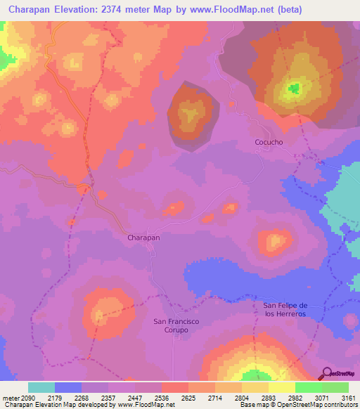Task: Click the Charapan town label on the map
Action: (143, 238)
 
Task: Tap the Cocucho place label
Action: (269, 142)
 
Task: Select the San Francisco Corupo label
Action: (176, 325)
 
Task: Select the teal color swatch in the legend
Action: (41, 387)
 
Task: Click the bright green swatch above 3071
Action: (308, 387)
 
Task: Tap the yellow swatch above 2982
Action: (281, 387)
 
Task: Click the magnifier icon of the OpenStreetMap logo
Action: (328, 373)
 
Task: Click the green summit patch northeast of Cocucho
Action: (292, 89)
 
